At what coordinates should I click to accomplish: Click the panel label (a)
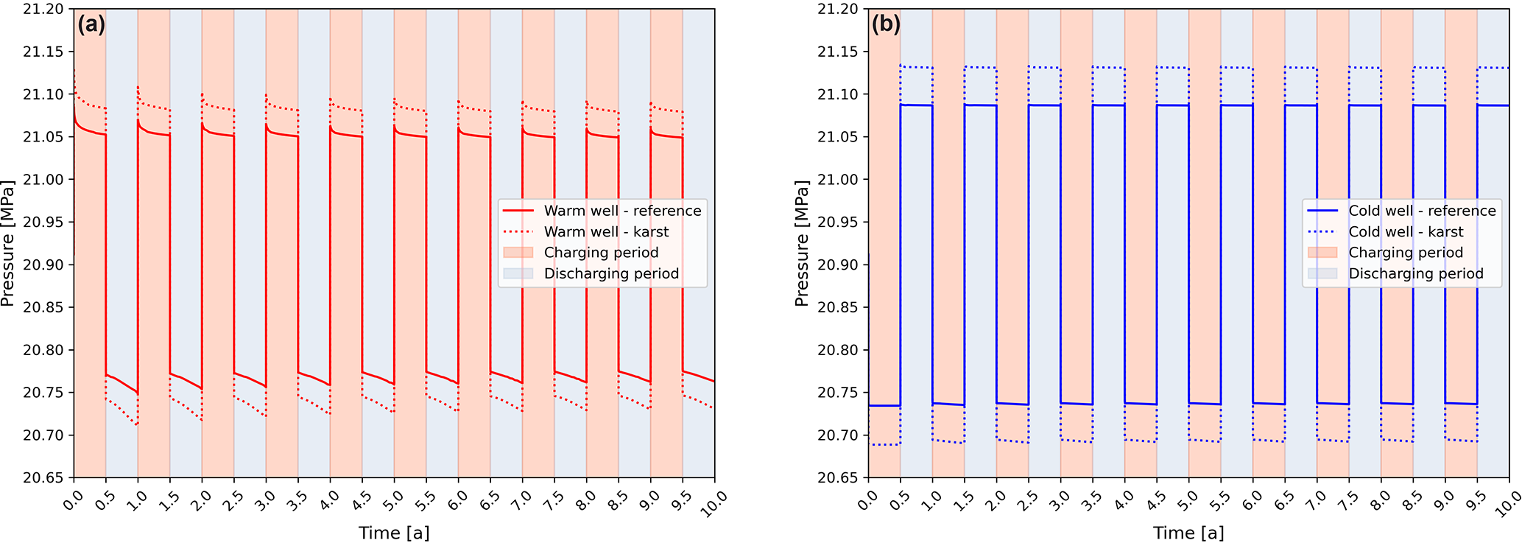coord(91,24)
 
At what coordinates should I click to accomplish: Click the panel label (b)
coord(886,24)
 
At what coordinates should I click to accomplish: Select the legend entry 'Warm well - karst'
coord(606,231)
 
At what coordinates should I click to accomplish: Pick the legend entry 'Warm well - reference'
coord(622,211)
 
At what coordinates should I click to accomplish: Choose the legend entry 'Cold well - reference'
coord(1422,211)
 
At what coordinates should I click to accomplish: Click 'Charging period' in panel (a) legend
coord(601,253)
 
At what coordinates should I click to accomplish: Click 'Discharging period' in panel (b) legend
coord(1415,273)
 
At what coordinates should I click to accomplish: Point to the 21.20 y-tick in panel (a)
coord(43,10)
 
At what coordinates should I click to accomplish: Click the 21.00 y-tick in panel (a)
coord(43,180)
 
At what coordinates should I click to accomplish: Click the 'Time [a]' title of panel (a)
coord(394,533)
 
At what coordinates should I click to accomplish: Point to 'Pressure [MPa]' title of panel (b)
coord(802,243)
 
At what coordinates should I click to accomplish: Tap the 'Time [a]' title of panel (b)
coord(1188,533)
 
